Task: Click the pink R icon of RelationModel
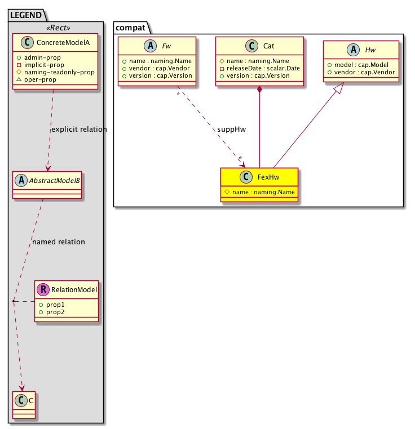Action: pyautogui.click(x=43, y=290)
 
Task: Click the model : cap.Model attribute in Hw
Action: pyautogui.click(x=361, y=65)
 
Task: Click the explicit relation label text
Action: pyautogui.click(x=79, y=129)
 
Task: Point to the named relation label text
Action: pyautogui.click(x=59, y=242)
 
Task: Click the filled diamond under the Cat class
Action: pyautogui.click(x=259, y=90)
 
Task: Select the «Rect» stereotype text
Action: pyautogui.click(x=55, y=28)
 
